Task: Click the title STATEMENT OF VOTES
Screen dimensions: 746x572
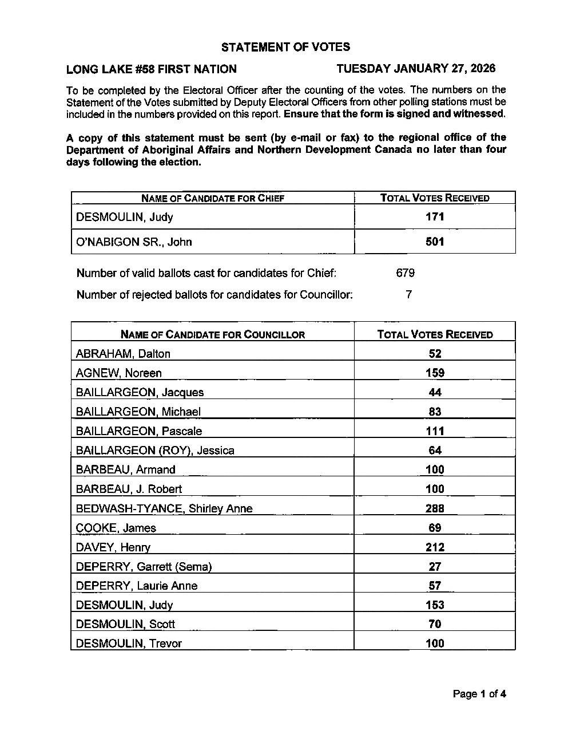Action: tap(285, 47)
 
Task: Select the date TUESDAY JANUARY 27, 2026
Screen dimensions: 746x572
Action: tap(416, 69)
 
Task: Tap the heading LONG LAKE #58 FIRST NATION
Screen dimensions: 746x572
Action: tap(152, 69)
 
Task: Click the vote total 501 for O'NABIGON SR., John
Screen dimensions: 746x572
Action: tap(435, 242)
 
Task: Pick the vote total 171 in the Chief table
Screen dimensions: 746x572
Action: tap(435, 217)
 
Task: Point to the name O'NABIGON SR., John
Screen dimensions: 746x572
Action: tap(134, 242)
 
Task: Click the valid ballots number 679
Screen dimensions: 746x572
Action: tap(405, 273)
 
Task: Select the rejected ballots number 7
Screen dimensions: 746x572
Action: tap(408, 295)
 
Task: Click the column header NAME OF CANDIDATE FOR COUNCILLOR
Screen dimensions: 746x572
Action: tap(213, 334)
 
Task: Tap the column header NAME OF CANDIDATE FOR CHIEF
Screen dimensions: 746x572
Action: tap(213, 198)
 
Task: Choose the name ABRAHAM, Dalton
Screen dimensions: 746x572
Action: tap(123, 354)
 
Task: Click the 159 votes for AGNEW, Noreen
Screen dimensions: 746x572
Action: tap(435, 373)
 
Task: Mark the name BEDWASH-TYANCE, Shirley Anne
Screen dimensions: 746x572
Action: tap(164, 508)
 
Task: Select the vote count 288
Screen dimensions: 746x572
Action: tap(435, 508)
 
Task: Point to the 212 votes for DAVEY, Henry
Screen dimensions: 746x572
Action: tap(435, 547)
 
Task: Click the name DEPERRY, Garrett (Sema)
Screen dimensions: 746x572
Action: tap(144, 567)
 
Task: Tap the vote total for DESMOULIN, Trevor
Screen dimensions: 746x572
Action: tap(435, 644)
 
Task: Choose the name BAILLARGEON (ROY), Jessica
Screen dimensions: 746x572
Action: tap(155, 451)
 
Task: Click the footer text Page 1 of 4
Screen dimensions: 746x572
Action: tap(479, 694)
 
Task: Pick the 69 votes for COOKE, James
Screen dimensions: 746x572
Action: tap(435, 528)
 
